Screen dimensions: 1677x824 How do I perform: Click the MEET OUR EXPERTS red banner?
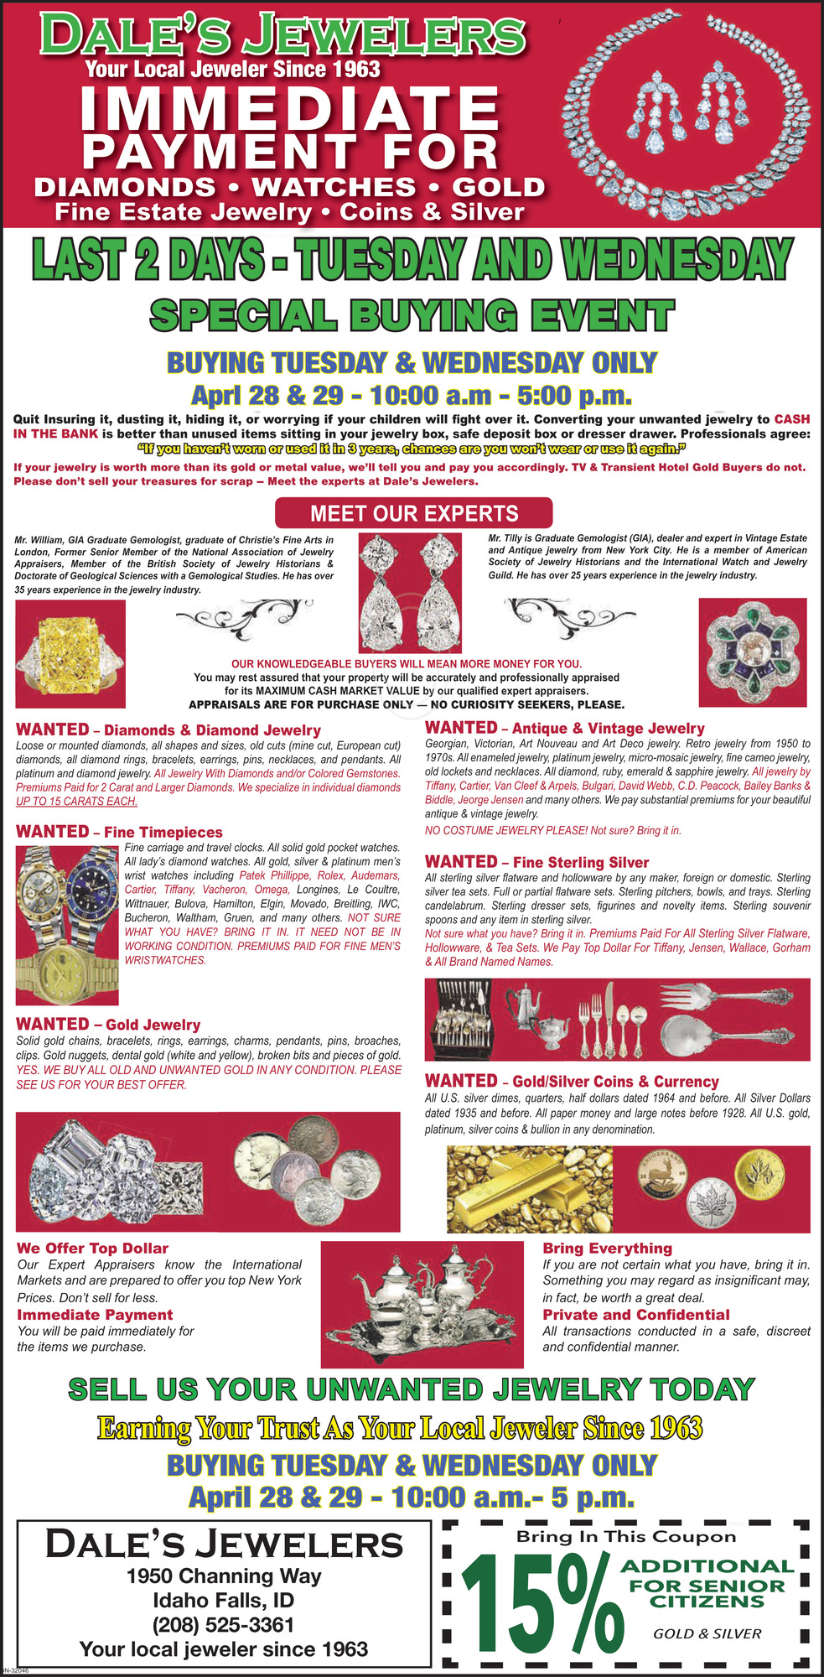click(x=414, y=513)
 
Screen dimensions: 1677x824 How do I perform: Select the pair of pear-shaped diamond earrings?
click(x=410, y=594)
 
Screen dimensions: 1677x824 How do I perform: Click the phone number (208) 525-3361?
click(x=223, y=1624)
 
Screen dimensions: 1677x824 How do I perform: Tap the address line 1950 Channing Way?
click(x=224, y=1576)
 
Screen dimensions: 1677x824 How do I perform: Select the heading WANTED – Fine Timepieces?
click(x=119, y=832)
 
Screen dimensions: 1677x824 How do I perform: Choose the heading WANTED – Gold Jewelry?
click(x=108, y=1024)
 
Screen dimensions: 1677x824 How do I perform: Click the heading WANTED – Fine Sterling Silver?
click(x=536, y=862)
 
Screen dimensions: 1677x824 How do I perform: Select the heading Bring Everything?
click(x=607, y=1249)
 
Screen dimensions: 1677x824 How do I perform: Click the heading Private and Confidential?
click(x=635, y=1315)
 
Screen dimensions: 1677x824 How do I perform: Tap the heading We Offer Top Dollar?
click(x=92, y=1249)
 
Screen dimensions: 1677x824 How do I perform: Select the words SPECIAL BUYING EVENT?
click(x=411, y=315)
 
